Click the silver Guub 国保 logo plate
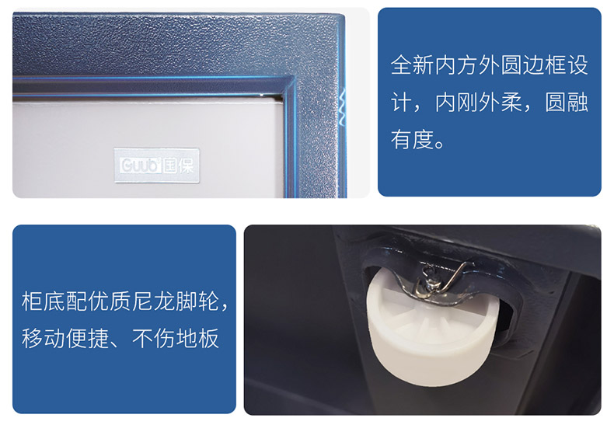click(x=157, y=165)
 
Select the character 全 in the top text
click(x=401, y=65)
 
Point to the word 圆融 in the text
click(x=567, y=102)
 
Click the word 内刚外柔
click(x=479, y=102)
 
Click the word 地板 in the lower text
click(x=197, y=339)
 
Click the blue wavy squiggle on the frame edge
click(x=343, y=107)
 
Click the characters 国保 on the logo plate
click(x=179, y=165)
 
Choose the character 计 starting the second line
click(x=401, y=102)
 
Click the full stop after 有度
click(x=439, y=145)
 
